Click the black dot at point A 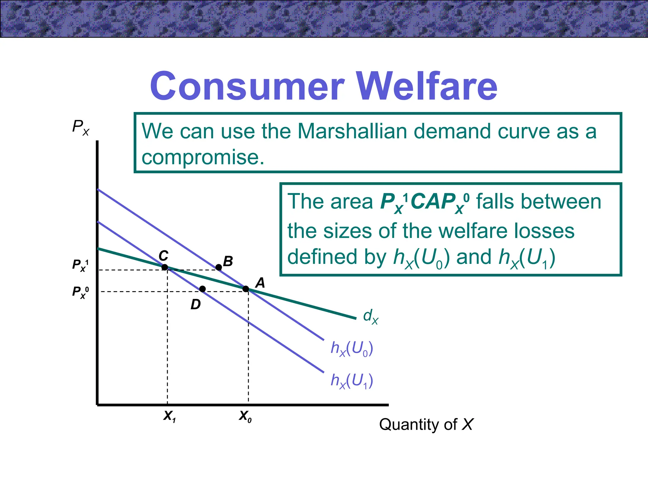(x=246, y=289)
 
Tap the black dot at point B (x=219, y=267)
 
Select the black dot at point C (x=165, y=267)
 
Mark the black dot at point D (x=202, y=289)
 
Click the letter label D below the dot (x=196, y=305)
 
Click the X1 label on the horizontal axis (x=170, y=416)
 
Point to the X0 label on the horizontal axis (x=245, y=416)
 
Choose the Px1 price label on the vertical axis (x=80, y=265)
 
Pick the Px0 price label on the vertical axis (x=80, y=292)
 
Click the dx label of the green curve (x=371, y=316)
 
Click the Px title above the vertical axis (x=81, y=127)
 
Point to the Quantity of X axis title (x=426, y=425)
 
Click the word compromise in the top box (x=202, y=157)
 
